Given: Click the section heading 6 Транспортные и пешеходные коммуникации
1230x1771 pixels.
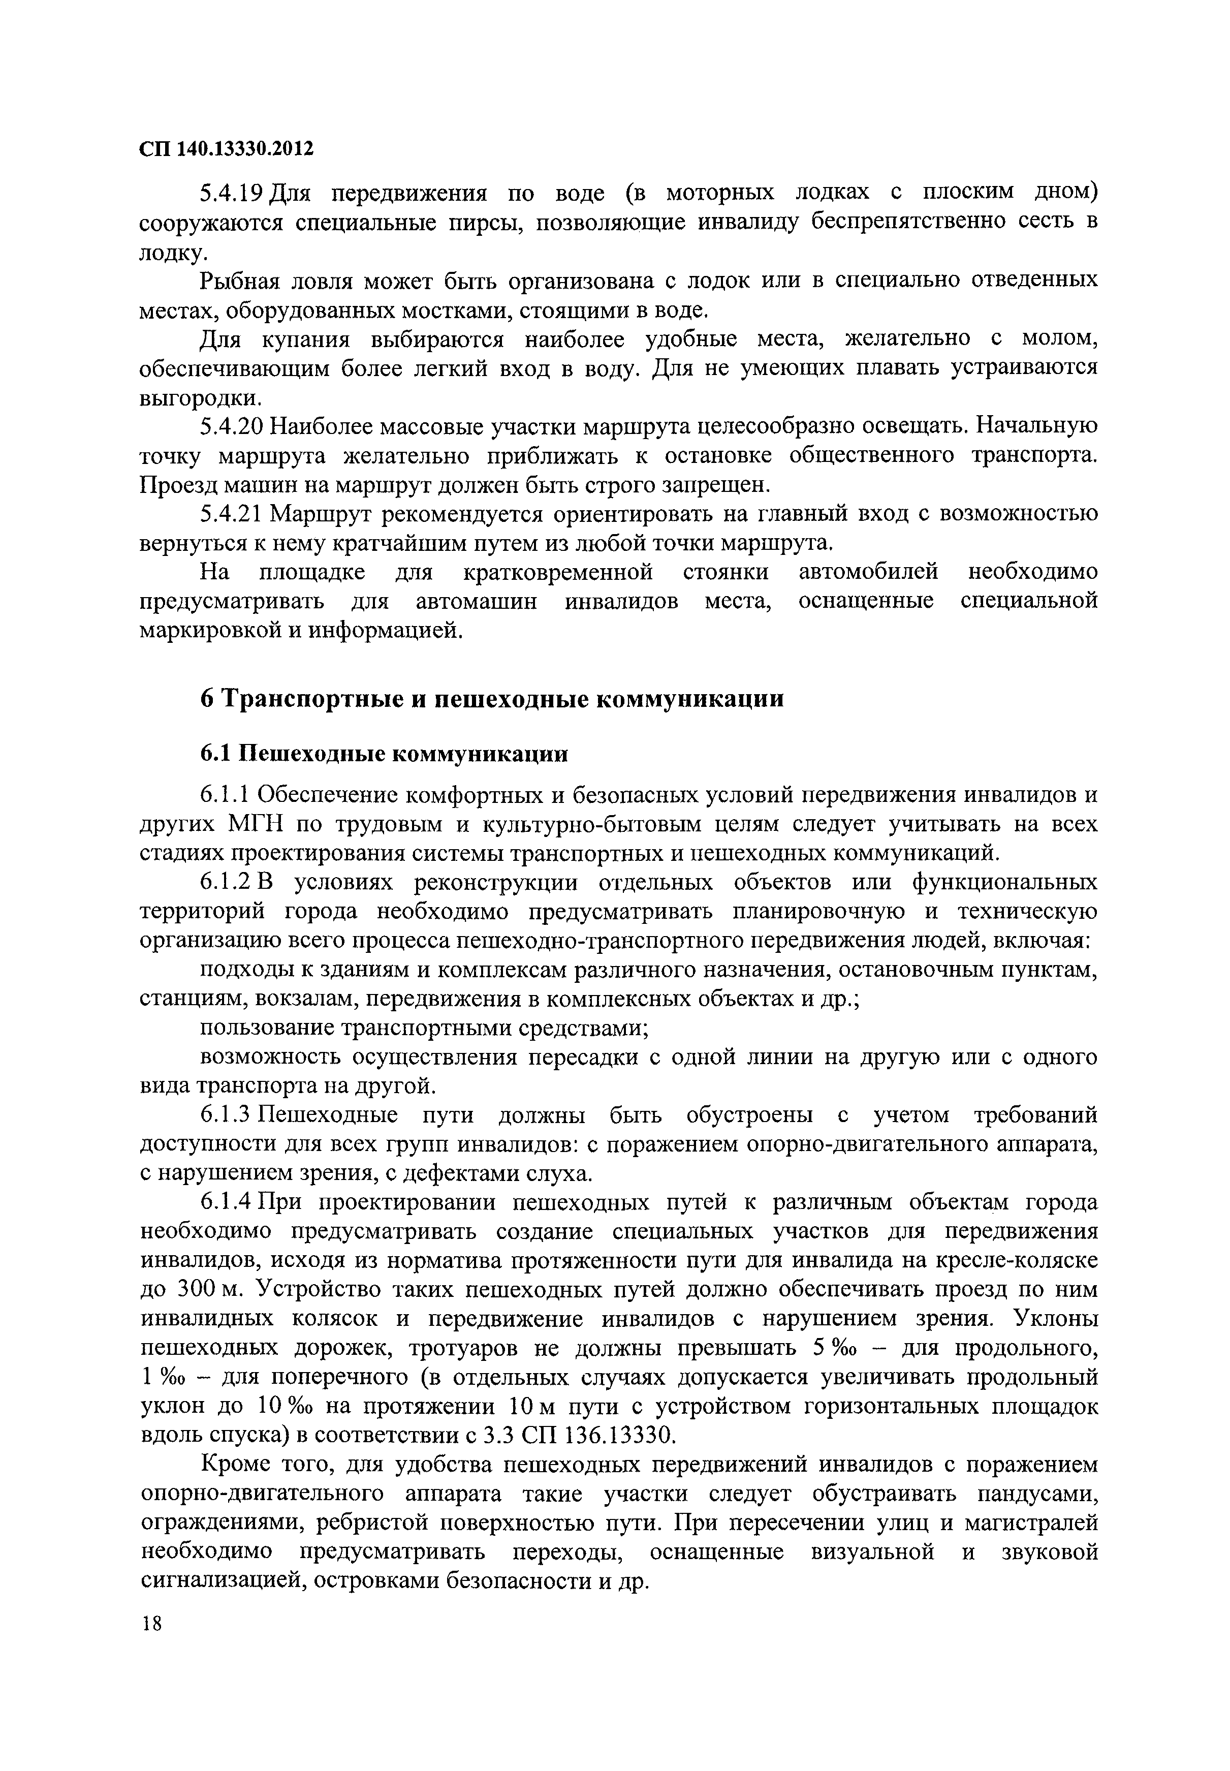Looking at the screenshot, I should tap(492, 699).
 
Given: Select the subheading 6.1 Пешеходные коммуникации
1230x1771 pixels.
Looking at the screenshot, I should tap(384, 753).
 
